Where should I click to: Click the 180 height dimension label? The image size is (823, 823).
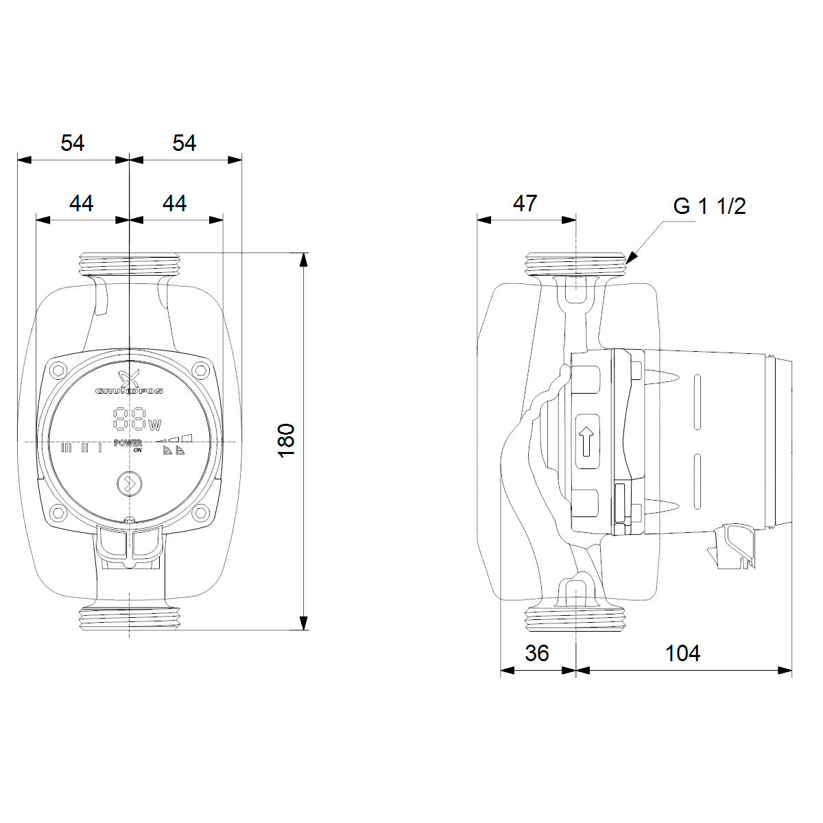287,441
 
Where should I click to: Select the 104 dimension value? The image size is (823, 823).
682,653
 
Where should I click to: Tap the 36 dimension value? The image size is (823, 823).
537,653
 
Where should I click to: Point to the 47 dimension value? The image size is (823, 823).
525,203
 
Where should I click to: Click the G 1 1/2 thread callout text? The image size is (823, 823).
709,206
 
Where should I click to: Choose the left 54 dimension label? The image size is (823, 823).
73,143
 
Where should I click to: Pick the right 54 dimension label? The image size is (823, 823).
184,143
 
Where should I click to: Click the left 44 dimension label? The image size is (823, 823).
81,203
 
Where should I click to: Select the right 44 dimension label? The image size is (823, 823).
174,203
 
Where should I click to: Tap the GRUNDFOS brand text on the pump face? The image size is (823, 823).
128,391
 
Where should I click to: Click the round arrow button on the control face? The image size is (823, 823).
130,484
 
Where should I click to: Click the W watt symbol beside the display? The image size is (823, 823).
155,425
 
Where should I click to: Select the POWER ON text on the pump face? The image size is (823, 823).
128,446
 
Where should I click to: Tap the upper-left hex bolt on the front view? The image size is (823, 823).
58,370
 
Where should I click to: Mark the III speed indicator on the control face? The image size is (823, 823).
67,448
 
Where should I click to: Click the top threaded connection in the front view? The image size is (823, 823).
130,264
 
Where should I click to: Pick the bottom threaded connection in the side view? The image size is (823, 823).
575,619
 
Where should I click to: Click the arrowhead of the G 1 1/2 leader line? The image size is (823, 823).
632,257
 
